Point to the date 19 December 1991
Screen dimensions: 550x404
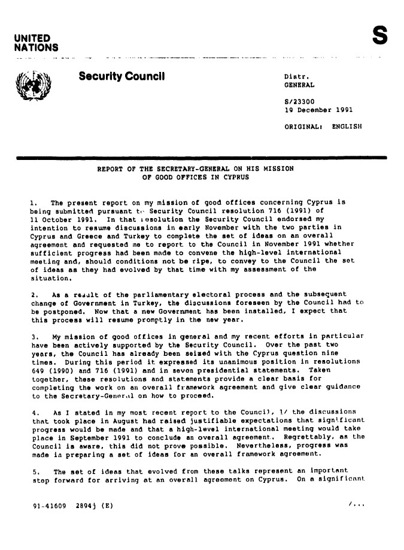pyautogui.click(x=318, y=110)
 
